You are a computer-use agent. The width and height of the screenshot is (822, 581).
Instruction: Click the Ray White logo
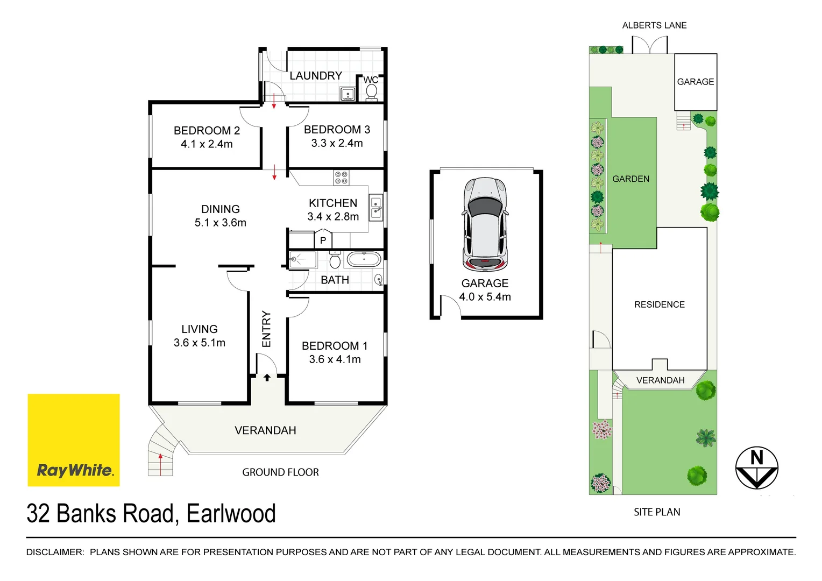tap(74, 440)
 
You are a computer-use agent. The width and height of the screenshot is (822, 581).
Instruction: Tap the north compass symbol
tap(756, 467)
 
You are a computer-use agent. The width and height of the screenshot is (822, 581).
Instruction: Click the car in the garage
tap(485, 224)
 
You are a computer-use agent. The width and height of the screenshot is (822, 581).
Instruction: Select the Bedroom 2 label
tap(207, 131)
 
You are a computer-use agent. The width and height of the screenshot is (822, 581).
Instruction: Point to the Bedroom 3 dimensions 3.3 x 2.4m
tap(337, 143)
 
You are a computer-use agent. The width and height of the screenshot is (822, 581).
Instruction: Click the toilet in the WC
tap(371, 92)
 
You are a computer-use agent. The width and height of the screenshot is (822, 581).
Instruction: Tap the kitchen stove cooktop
tap(341, 178)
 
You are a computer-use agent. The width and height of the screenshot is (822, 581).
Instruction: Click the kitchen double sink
tap(375, 208)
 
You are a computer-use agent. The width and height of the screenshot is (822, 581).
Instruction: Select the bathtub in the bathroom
tap(364, 260)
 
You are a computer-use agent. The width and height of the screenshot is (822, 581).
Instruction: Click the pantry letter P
tap(323, 240)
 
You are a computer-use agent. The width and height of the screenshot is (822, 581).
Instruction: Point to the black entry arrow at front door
tap(267, 378)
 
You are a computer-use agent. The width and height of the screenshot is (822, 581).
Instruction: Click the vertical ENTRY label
tap(266, 329)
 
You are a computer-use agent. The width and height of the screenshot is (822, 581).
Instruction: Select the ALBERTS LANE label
tap(654, 25)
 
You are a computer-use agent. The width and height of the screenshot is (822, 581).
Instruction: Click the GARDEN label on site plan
tap(630, 179)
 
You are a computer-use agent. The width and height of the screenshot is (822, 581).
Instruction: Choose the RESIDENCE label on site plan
tap(659, 304)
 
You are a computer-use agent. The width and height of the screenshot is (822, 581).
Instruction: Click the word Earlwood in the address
tap(231, 514)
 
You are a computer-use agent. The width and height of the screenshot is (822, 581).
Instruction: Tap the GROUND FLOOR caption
tap(280, 472)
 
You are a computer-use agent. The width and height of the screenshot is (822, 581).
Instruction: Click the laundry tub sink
tap(348, 95)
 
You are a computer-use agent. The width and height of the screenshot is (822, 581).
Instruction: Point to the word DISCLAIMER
tap(55, 552)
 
